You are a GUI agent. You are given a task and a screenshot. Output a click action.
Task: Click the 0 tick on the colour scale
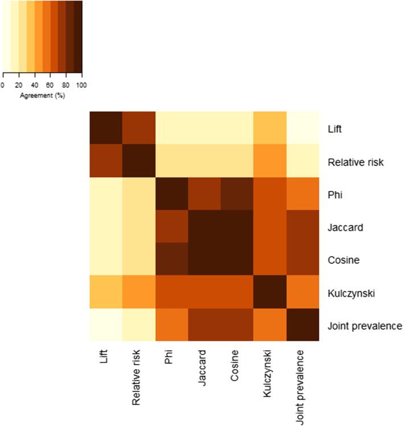(x=3, y=84)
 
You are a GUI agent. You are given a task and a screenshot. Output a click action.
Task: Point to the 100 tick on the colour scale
(x=82, y=84)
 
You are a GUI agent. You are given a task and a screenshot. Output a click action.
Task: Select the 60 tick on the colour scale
(x=50, y=84)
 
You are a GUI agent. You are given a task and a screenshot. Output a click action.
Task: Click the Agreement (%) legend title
(x=42, y=95)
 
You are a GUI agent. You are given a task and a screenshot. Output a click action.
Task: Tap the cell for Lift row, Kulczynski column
(x=270, y=128)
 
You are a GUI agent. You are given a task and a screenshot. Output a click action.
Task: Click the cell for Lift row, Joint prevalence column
(x=303, y=128)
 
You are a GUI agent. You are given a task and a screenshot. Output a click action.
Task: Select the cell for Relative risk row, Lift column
(x=106, y=161)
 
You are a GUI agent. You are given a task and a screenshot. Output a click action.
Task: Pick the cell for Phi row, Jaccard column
(x=204, y=194)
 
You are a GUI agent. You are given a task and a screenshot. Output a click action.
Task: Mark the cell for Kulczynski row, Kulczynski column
(x=270, y=293)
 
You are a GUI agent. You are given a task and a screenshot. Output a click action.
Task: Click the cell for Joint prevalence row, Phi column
(x=171, y=326)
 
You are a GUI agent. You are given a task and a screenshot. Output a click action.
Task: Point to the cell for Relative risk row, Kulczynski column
(x=270, y=161)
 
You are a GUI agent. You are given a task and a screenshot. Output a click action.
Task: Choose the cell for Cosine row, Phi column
(x=171, y=260)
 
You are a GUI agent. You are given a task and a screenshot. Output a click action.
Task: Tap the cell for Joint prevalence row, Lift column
(x=106, y=326)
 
